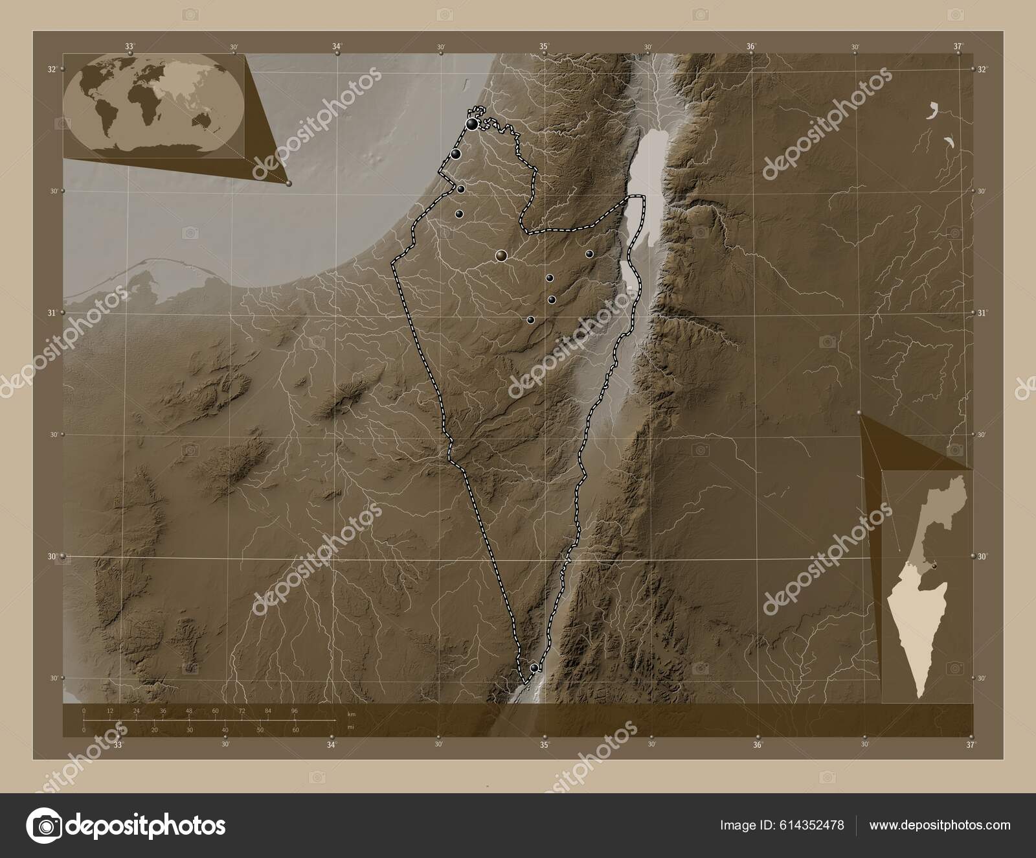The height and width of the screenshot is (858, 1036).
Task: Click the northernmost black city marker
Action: click(473, 124)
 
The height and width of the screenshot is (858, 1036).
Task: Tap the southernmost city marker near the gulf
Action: click(534, 667)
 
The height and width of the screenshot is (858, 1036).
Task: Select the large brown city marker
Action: click(501, 256)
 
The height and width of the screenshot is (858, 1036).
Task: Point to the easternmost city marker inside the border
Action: click(589, 253)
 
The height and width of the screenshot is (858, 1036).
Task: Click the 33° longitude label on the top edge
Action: click(130, 46)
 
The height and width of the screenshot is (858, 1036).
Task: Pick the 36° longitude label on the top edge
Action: click(751, 46)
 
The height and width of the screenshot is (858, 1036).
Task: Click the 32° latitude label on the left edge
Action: click(54, 69)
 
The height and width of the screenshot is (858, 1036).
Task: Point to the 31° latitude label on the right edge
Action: click(982, 313)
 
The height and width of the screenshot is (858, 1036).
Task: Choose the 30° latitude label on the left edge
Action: click(54, 556)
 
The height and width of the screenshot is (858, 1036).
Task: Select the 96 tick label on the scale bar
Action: click(295, 711)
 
